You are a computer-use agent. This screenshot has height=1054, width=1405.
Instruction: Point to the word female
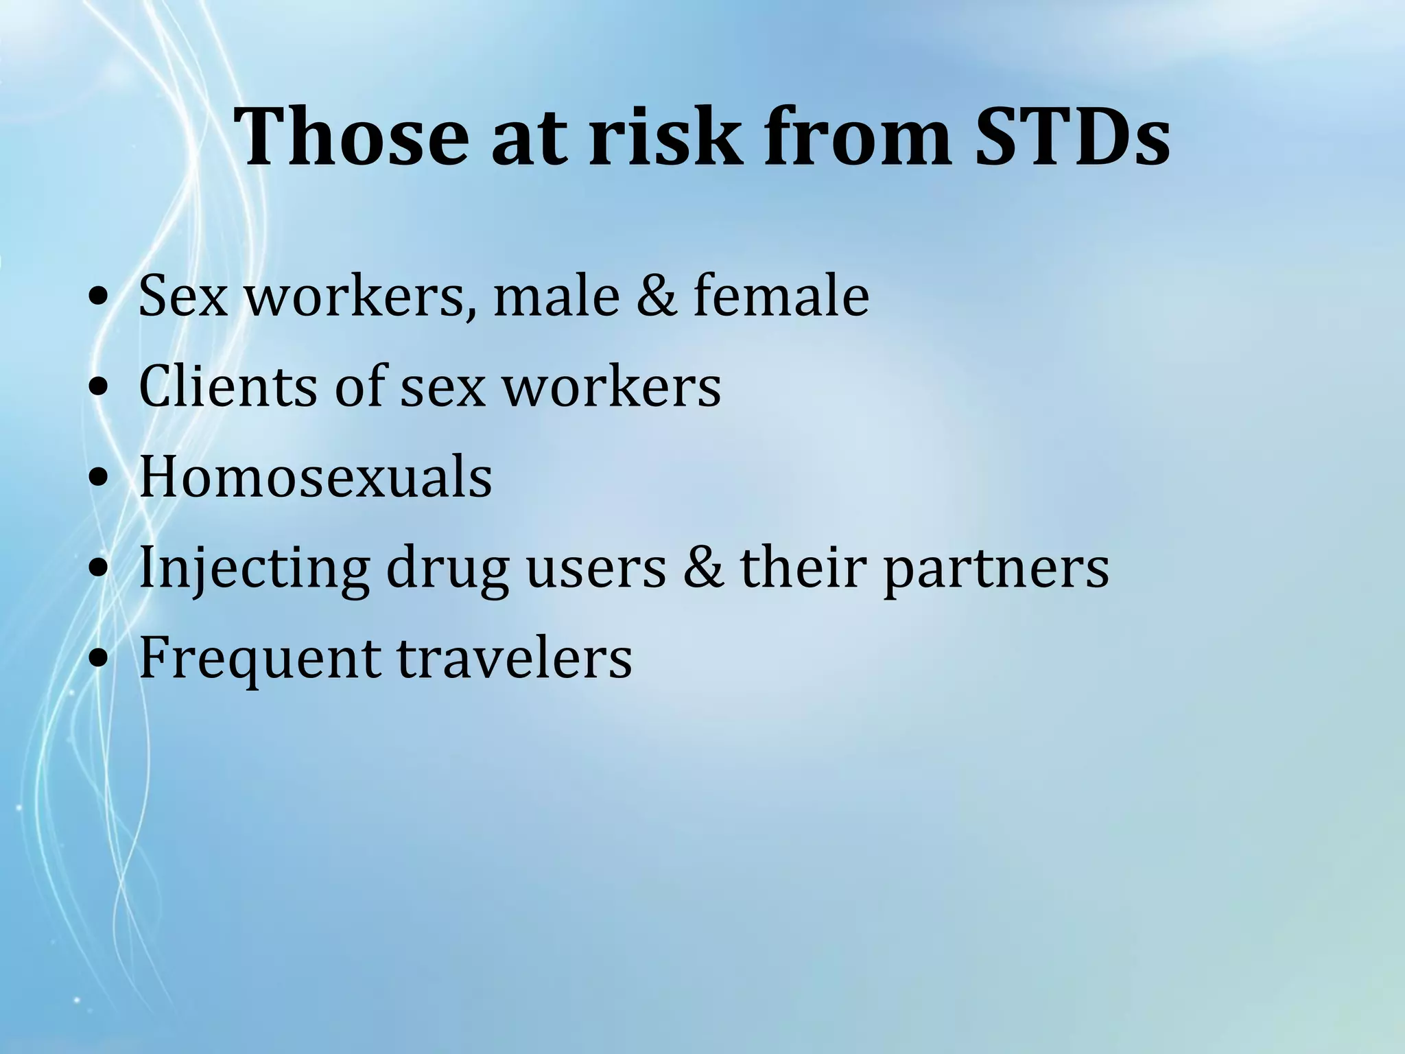[781, 296]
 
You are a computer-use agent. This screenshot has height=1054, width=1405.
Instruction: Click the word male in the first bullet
[556, 296]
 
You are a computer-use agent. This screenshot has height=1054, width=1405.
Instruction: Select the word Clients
[228, 386]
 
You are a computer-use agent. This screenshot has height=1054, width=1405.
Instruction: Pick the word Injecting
[253, 570]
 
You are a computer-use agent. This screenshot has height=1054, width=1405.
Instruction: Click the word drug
[447, 570]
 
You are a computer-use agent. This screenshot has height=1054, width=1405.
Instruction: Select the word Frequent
[259, 659]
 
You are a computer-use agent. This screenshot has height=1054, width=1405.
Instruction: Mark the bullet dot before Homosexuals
[99, 479]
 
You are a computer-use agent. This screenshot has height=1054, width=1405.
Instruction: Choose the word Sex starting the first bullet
[182, 296]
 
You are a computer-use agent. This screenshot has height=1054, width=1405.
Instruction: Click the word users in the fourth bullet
[595, 568]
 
